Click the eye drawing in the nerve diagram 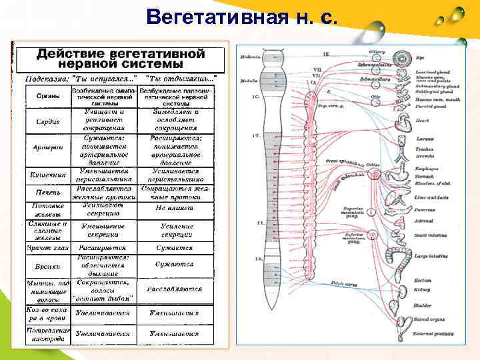[403, 59]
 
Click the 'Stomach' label [425, 177]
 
